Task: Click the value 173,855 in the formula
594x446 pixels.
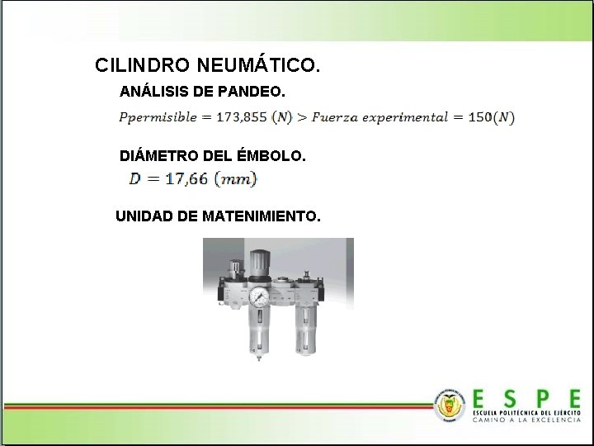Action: point(242,117)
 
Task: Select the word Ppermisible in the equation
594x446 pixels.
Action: point(158,117)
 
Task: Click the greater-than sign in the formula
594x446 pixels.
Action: point(303,117)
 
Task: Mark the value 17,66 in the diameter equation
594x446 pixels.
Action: point(186,178)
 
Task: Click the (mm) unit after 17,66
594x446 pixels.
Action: point(236,178)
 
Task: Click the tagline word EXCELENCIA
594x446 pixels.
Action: point(551,420)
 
